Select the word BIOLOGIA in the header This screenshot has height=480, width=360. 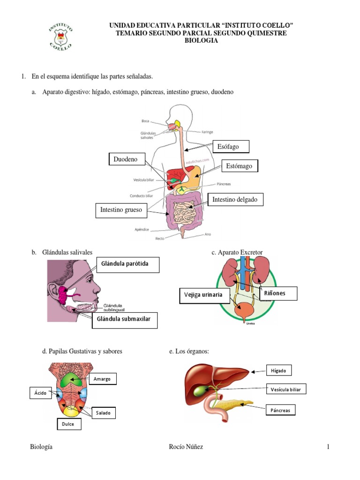(201, 41)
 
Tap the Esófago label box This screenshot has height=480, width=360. (231, 147)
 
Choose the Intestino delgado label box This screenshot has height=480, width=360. (235, 200)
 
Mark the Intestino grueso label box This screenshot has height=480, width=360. (121, 210)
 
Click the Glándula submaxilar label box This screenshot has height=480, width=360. (124, 321)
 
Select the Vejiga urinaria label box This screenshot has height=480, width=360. (204, 296)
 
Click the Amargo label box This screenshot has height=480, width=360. (102, 379)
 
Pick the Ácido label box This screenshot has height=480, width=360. (40, 393)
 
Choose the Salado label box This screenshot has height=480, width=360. (104, 413)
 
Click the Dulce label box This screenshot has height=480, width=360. (68, 424)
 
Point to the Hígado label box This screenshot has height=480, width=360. (278, 370)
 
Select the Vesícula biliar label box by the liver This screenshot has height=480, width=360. (286, 389)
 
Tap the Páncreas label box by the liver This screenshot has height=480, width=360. (281, 410)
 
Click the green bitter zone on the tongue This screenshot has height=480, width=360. (71, 380)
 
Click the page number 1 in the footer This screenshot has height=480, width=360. (328, 447)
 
